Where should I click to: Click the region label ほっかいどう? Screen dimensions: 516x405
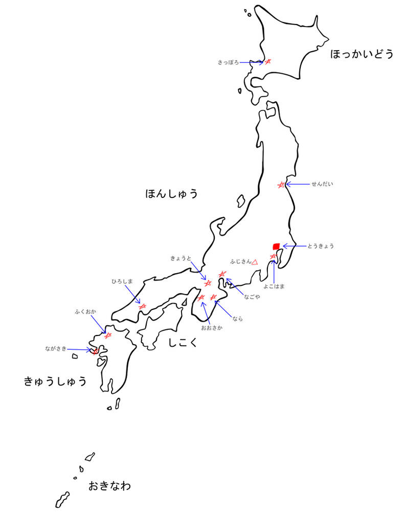coord(362,54)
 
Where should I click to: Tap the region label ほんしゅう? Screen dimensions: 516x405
coord(171,194)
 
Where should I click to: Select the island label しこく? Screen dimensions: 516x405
coord(183,342)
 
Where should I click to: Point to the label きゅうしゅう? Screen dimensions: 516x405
coord(55,381)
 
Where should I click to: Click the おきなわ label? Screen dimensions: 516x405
coord(109,485)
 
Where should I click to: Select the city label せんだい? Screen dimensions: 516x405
coord(322,184)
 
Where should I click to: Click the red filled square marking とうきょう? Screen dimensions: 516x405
coord(276,246)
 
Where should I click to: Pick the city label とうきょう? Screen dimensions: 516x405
coord(321,246)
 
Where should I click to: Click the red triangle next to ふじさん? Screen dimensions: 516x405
coord(254,262)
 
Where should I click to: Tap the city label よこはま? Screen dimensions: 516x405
coord(274,286)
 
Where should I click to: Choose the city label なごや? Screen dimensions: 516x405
coord(252,296)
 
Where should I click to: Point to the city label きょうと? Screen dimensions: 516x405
coord(181,259)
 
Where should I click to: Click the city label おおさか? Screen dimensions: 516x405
coord(212,327)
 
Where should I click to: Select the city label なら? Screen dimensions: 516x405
coord(237,319)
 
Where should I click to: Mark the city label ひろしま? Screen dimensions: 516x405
coord(122,281)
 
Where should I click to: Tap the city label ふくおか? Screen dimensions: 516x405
coord(85,311)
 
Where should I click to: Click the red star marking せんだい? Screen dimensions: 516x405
coord(280,184)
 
